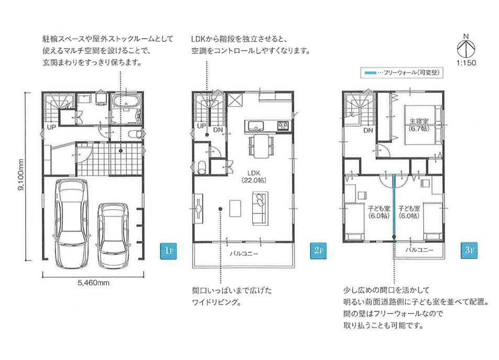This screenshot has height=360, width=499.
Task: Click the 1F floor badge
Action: [x=168, y=251]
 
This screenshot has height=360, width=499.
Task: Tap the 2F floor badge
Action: [x=318, y=251]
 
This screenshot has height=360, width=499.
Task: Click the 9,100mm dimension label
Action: [x=21, y=175]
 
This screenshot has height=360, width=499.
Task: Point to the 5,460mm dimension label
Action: [x=94, y=283]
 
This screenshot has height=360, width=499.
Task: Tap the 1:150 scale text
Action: [x=466, y=63]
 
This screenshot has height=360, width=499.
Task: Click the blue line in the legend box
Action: [x=370, y=73]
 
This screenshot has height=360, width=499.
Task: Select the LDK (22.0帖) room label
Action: [x=253, y=176]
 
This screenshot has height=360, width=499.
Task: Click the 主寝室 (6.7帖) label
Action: [x=418, y=125]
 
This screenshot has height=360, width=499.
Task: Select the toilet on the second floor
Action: [x=201, y=167]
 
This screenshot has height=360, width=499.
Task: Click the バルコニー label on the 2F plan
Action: [x=243, y=253]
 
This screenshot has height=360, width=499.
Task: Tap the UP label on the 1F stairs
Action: [x=51, y=127]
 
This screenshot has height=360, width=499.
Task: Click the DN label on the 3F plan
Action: [x=368, y=130]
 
